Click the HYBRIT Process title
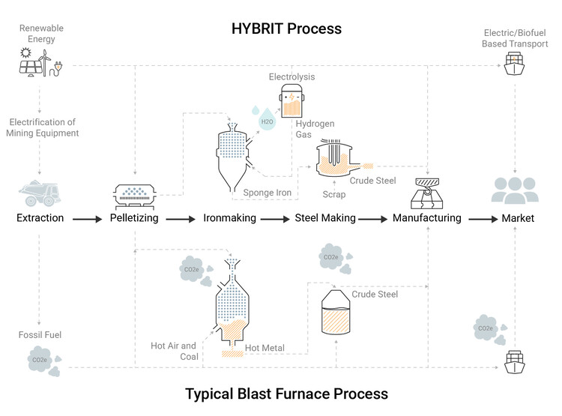(x=286, y=28)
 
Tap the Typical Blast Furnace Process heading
(x=286, y=394)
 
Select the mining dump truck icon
(x=40, y=193)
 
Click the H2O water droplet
(x=267, y=119)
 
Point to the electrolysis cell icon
(x=291, y=100)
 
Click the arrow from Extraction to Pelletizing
(x=88, y=219)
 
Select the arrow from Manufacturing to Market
(x=483, y=219)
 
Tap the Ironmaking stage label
(x=229, y=218)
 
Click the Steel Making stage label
(x=325, y=218)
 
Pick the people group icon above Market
(x=515, y=190)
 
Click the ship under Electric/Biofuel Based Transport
(x=514, y=64)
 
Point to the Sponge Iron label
(x=267, y=193)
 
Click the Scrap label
(x=334, y=194)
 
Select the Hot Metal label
(x=265, y=348)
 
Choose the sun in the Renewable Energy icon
(x=25, y=53)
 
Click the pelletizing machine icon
(x=135, y=197)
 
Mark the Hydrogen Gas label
(x=315, y=129)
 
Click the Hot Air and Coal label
(x=174, y=351)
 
